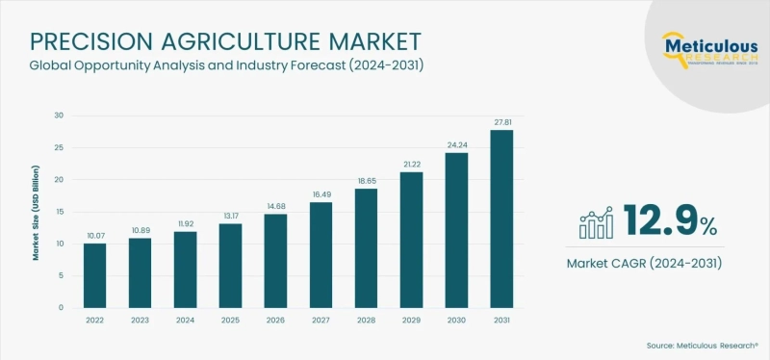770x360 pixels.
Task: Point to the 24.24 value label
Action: pyautogui.click(x=455, y=144)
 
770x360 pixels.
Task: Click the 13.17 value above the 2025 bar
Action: pyautogui.click(x=230, y=216)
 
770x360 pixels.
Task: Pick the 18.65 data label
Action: pyautogui.click(x=366, y=180)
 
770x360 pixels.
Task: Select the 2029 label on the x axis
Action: pyautogui.click(x=411, y=321)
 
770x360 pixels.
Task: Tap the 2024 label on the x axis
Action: pyautogui.click(x=186, y=321)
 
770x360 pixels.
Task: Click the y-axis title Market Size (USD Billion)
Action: pyautogui.click(x=36, y=212)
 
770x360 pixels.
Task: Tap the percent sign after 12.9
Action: pyautogui.click(x=708, y=227)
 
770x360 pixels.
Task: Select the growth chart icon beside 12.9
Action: pyautogui.click(x=597, y=222)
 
